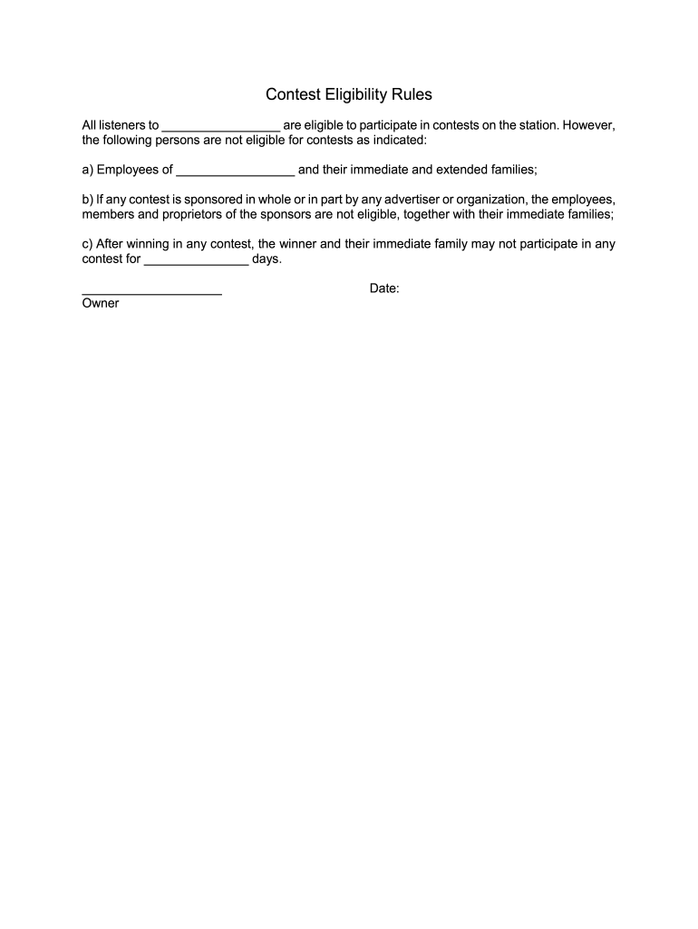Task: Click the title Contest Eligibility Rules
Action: (x=348, y=94)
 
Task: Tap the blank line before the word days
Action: (x=196, y=260)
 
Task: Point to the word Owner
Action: (x=101, y=304)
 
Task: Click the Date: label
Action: (x=384, y=288)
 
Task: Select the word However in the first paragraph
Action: (x=588, y=125)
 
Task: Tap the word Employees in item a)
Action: (x=134, y=170)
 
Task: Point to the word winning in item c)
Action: (x=146, y=244)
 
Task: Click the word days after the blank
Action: (x=267, y=259)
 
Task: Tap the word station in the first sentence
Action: (x=537, y=125)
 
